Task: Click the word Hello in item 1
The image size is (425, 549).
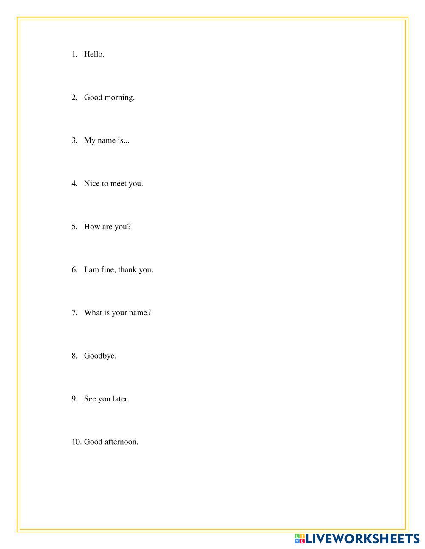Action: [93, 54]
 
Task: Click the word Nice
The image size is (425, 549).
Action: [92, 184]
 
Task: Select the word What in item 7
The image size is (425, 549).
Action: [93, 313]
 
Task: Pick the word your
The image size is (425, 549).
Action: [119, 313]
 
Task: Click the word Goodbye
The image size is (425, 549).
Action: [100, 356]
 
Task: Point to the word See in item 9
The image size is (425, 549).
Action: [90, 399]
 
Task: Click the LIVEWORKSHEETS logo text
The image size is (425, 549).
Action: [363, 539]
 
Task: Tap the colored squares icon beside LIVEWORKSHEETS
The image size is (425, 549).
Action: [300, 539]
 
